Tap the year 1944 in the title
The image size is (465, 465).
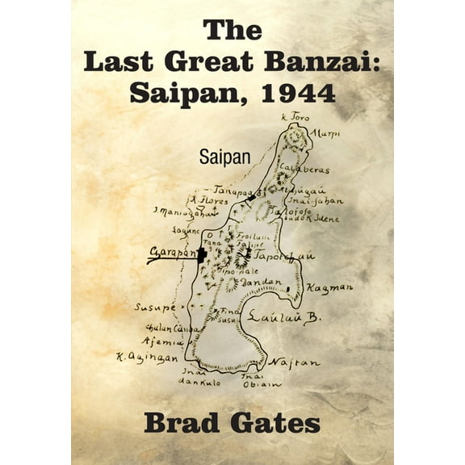pos(296,93)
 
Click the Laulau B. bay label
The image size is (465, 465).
pos(283,317)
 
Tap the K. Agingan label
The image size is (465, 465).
pos(145,356)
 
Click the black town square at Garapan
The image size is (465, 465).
pos(201,254)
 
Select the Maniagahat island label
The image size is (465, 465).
pos(174,213)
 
